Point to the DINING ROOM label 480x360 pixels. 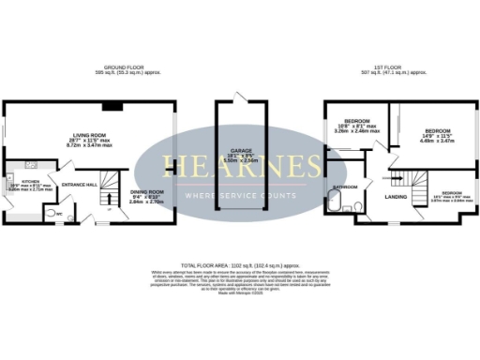point(147,191)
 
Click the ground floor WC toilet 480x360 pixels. point(52,213)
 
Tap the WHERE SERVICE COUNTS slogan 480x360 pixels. point(241,195)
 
